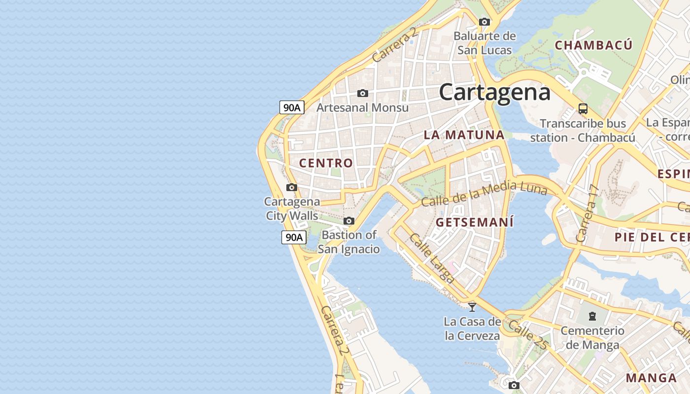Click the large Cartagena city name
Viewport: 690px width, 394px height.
click(x=494, y=92)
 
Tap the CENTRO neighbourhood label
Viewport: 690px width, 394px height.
click(x=326, y=163)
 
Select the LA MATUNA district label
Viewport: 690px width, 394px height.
click(x=464, y=134)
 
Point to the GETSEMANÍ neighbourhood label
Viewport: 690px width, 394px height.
click(x=475, y=222)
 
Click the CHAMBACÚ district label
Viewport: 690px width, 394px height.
click(x=593, y=45)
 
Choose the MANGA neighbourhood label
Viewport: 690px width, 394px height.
click(x=651, y=378)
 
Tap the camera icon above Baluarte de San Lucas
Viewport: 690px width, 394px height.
click(x=484, y=22)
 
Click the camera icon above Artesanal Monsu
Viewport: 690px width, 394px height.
click(x=363, y=93)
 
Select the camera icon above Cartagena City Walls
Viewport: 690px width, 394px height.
click(x=292, y=187)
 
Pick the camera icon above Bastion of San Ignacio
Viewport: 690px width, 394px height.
click(x=349, y=221)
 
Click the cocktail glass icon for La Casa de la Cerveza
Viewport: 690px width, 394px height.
click(x=472, y=307)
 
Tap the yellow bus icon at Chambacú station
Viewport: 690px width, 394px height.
click(x=583, y=108)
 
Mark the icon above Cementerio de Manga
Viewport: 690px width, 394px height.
click(x=592, y=316)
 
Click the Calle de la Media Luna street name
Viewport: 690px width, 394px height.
click(x=484, y=194)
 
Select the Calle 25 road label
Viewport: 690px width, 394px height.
click(x=528, y=335)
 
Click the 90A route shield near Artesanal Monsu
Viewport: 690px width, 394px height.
click(x=292, y=107)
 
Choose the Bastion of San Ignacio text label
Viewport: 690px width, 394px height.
click(x=349, y=242)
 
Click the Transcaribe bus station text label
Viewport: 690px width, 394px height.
click(x=583, y=130)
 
